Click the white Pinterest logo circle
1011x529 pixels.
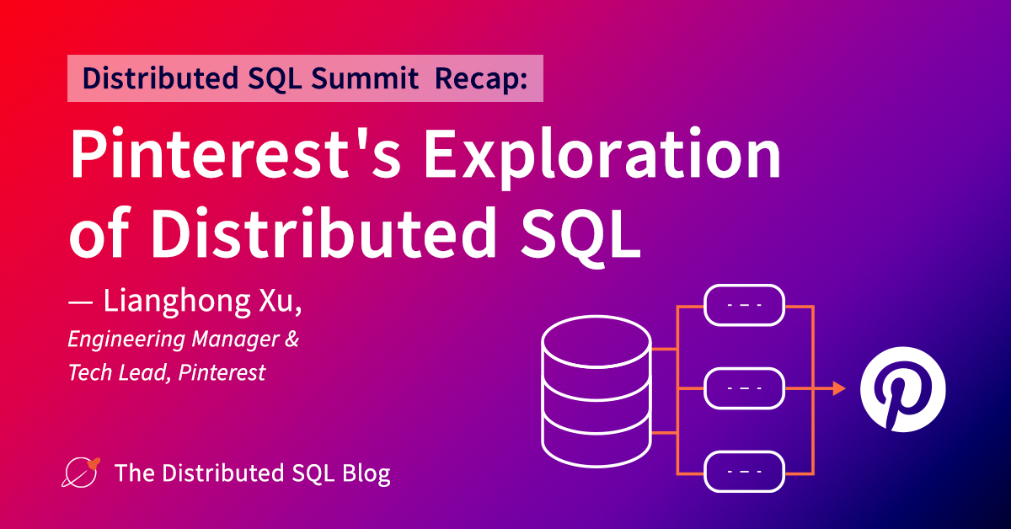(x=902, y=389)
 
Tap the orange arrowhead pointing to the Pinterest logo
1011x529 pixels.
(x=839, y=388)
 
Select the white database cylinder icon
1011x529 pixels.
(x=596, y=392)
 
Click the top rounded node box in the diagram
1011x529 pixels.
(x=744, y=305)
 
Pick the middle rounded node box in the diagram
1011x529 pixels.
(x=744, y=388)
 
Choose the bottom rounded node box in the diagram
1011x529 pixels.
(x=744, y=471)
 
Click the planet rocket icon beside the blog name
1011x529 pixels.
(x=81, y=473)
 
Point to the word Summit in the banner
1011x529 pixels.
(x=365, y=78)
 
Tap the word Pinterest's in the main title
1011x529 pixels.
(x=235, y=153)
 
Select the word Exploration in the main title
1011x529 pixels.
(x=602, y=157)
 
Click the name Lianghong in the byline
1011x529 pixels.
(x=176, y=302)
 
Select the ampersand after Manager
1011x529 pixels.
(x=292, y=339)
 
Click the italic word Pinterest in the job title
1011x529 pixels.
(x=222, y=372)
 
